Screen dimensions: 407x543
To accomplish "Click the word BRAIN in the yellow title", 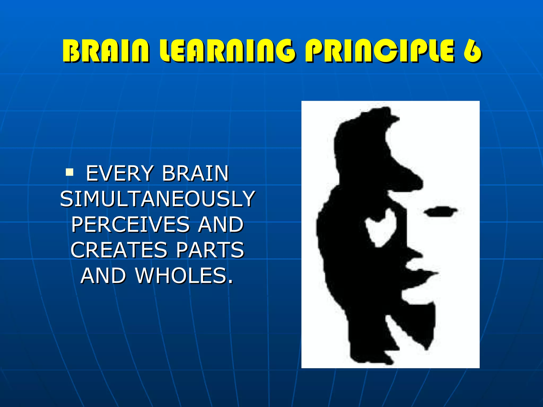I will [106, 51].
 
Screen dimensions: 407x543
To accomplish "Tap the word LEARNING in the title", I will [227, 51].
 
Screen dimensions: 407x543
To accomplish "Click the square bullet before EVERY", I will [70, 172].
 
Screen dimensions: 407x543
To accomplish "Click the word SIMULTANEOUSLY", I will [157, 199].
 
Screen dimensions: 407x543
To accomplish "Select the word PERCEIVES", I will [130, 225].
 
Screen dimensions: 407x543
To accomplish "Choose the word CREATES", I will [119, 250].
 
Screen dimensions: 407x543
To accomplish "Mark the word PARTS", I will [210, 250].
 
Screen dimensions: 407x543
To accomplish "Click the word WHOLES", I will [184, 276].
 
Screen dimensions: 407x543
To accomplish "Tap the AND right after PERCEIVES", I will [221, 225].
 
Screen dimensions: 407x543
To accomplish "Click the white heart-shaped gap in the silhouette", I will [381, 227].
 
